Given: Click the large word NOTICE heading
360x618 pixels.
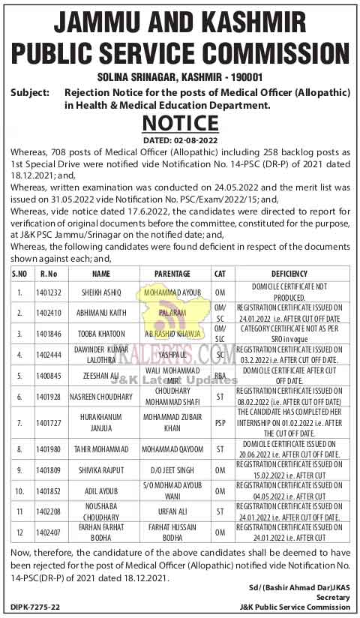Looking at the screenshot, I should pos(180,123).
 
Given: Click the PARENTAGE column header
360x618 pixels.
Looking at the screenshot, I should pos(172,274).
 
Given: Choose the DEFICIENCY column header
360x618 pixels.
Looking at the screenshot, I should pos(289,274).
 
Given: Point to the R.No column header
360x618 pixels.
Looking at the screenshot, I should pos(49,274).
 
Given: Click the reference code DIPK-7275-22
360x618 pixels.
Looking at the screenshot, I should pos(35,604).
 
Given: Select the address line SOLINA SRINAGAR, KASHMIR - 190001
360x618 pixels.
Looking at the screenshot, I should pos(180,77).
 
